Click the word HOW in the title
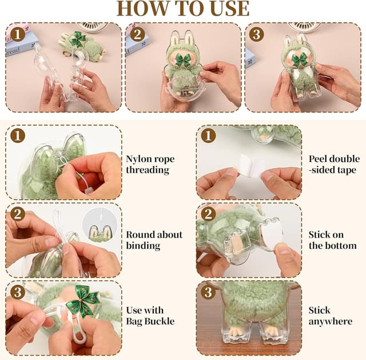(x=142, y=9)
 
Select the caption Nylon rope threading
(x=150, y=164)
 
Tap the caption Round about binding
(x=154, y=240)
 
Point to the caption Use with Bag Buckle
(x=150, y=315)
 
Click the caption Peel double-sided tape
(x=334, y=164)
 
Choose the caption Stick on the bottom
(x=332, y=240)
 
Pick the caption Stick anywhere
(x=330, y=315)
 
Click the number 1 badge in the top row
(x=18, y=34)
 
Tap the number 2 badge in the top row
(x=137, y=34)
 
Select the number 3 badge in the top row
(x=257, y=34)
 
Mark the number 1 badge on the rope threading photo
(x=18, y=136)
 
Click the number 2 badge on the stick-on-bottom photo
(x=208, y=214)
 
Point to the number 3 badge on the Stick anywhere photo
(x=208, y=292)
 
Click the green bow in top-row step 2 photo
(x=181, y=60)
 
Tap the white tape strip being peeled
(x=250, y=169)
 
